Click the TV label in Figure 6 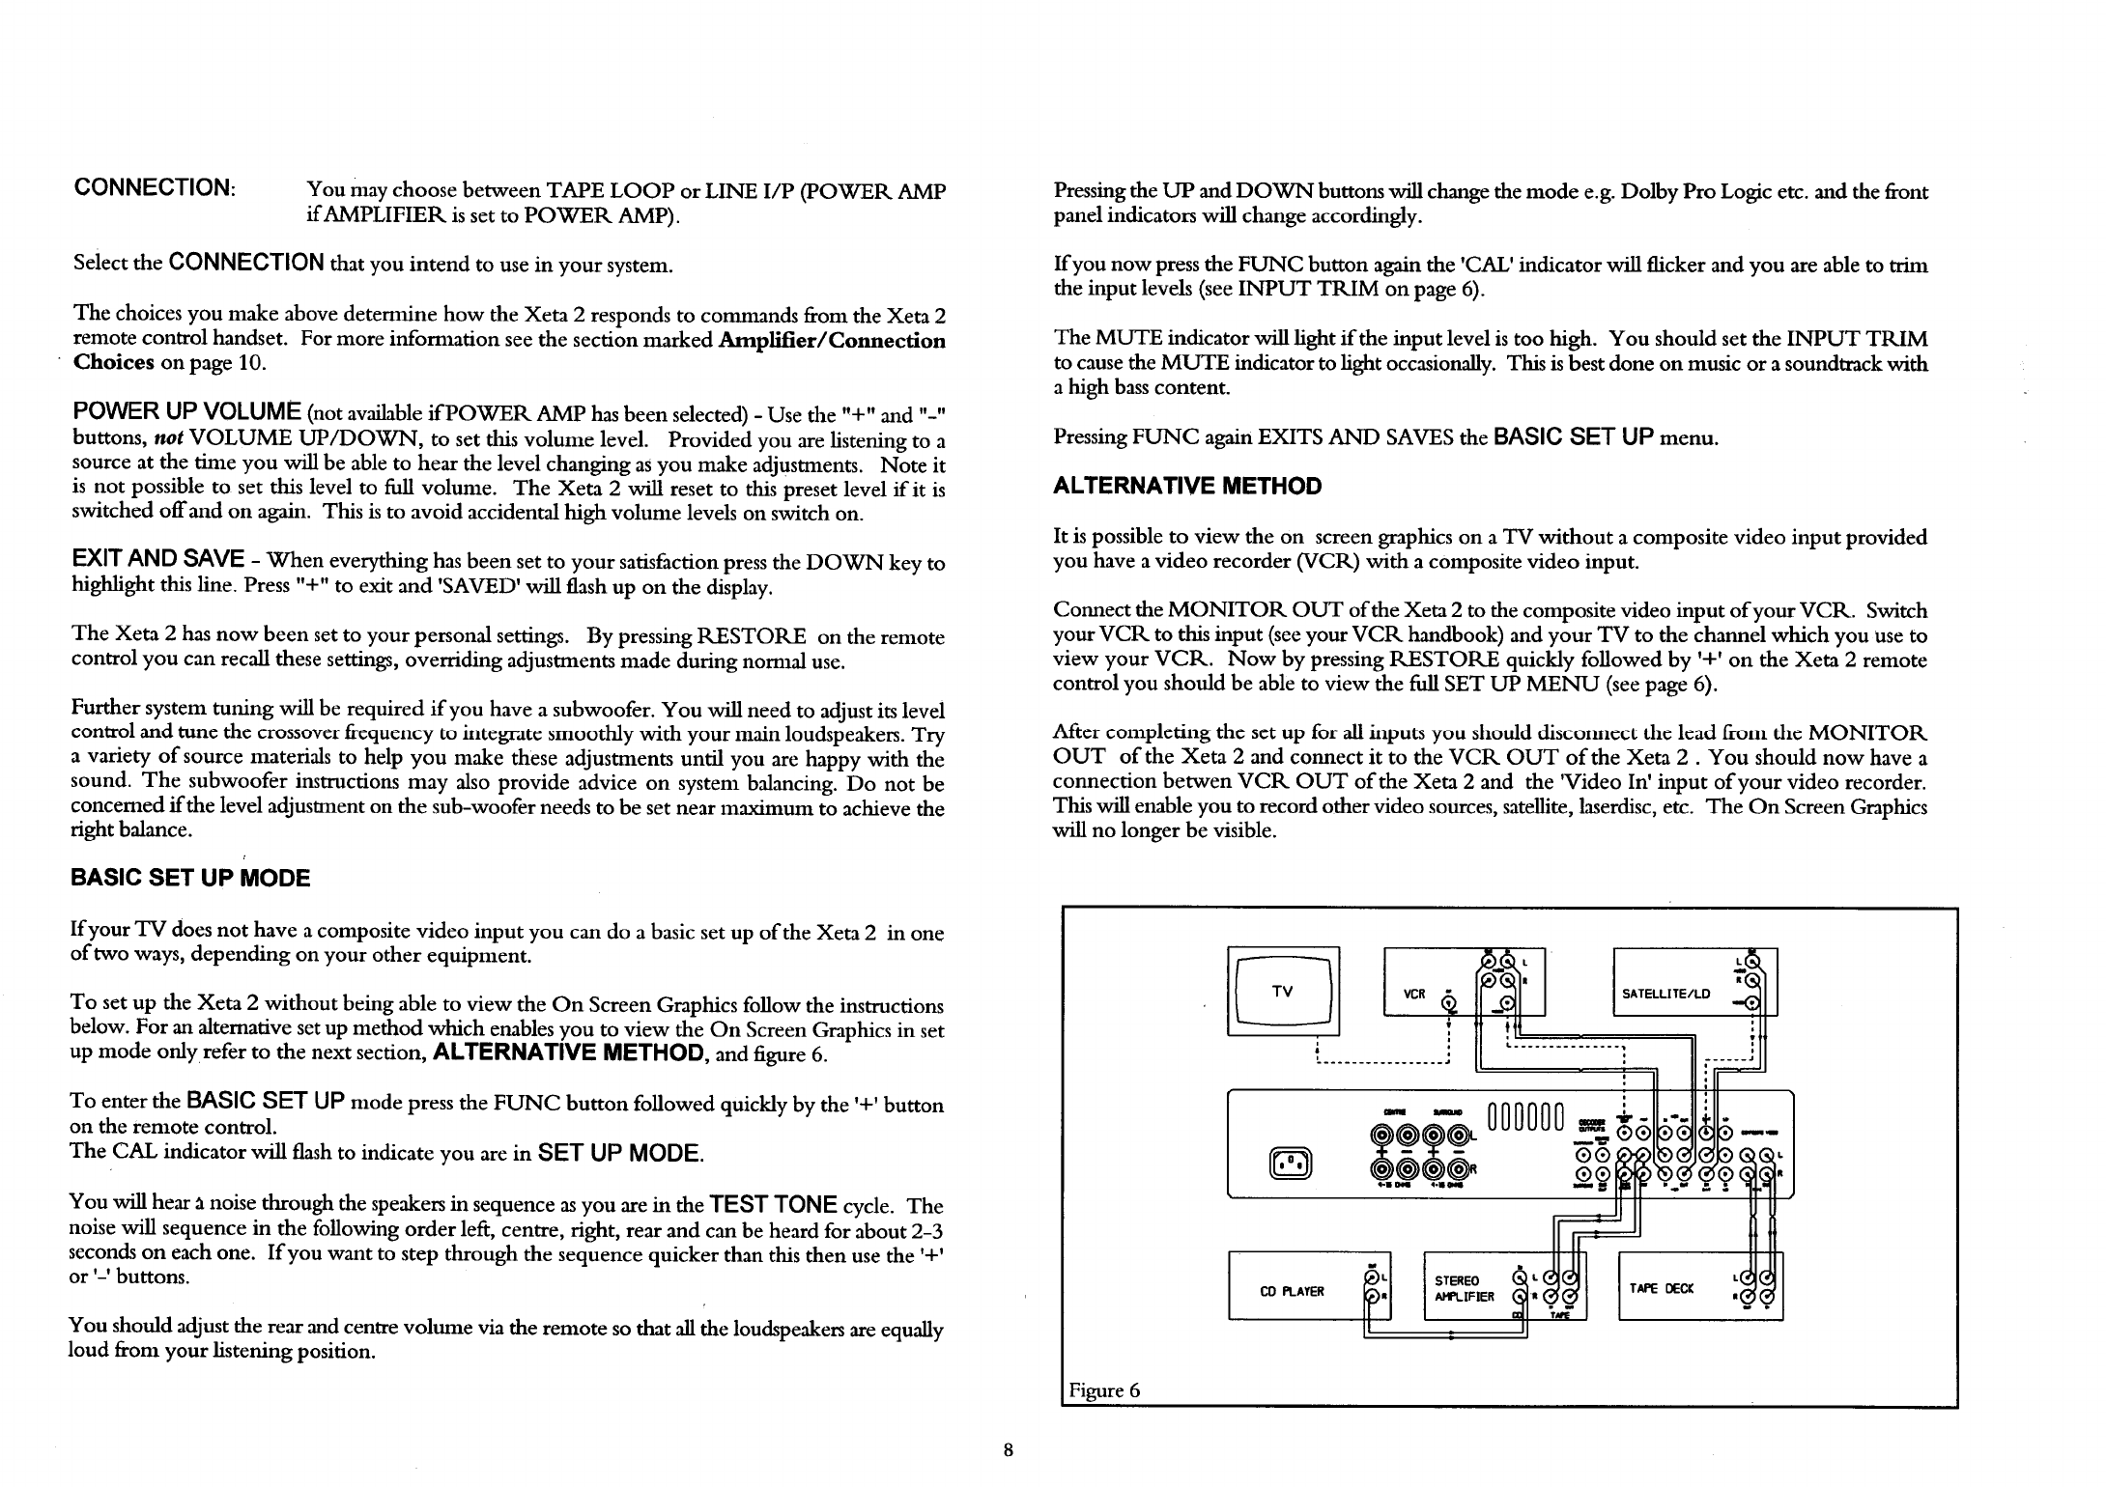click(x=1282, y=991)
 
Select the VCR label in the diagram click(x=1415, y=994)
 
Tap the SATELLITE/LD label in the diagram click(x=1665, y=994)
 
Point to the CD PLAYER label click(x=1293, y=1291)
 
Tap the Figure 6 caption click(x=1104, y=1390)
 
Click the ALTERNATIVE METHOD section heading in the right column click(x=1187, y=486)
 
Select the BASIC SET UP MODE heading click(x=190, y=878)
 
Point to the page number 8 click(x=1008, y=1449)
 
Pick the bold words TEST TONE click(x=772, y=1204)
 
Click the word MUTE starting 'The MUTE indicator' click(x=1125, y=338)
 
